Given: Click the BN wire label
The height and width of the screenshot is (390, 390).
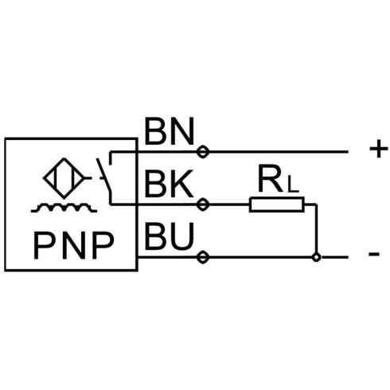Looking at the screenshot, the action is [x=170, y=131].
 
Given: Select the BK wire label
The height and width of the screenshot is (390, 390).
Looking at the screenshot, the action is [x=170, y=184].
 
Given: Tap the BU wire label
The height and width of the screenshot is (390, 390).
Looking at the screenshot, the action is [x=170, y=236].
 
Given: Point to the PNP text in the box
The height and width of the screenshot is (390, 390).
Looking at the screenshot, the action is [x=74, y=245].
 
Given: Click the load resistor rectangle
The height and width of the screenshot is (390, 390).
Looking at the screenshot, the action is [x=277, y=205].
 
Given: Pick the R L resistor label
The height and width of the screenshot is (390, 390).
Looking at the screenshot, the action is [x=279, y=178].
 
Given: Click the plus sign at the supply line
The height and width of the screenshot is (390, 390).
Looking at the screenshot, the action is [x=379, y=149].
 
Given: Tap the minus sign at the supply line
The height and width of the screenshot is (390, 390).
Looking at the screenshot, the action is [x=374, y=254].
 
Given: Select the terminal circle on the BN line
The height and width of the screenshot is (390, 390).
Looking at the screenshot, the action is [x=203, y=152].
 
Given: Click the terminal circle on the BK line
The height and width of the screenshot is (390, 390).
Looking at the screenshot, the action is [x=203, y=205].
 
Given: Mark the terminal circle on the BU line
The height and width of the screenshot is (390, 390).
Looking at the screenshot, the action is [x=203, y=257].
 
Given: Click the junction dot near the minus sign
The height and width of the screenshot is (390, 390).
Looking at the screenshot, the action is [x=316, y=257].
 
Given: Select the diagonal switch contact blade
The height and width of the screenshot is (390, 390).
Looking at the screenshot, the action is [x=103, y=175].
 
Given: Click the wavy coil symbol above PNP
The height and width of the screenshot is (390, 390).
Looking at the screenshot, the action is [x=64, y=208].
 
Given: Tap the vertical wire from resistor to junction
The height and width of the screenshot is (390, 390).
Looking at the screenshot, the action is [x=316, y=228].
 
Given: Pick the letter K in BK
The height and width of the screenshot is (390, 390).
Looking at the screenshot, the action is [x=182, y=184].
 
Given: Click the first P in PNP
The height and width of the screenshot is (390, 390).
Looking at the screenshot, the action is [x=44, y=245].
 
